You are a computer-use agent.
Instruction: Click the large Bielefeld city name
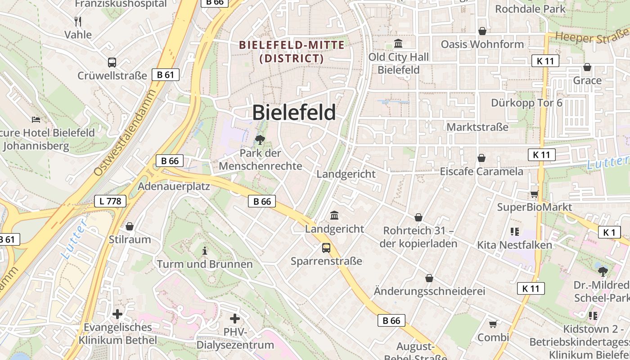click(294, 112)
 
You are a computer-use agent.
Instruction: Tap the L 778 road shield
click(110, 201)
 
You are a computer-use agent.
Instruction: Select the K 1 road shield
click(609, 232)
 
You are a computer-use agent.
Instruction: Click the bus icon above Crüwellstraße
click(112, 63)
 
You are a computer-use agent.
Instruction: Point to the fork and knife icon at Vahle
click(78, 21)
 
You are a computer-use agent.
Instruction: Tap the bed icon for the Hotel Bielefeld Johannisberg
click(36, 119)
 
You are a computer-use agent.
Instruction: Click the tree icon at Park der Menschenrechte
click(260, 140)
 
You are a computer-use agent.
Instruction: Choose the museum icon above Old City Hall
click(398, 44)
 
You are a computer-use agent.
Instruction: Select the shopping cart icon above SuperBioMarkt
click(534, 194)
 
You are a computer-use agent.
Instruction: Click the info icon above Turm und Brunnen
click(205, 251)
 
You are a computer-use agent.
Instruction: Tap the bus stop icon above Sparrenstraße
click(326, 247)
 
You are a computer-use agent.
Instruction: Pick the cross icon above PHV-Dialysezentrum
click(235, 319)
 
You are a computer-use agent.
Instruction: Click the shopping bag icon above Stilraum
click(130, 226)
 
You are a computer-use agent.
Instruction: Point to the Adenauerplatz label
click(174, 186)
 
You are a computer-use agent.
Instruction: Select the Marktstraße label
click(477, 127)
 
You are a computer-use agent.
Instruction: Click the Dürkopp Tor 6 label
click(526, 103)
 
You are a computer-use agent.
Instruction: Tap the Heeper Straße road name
click(591, 36)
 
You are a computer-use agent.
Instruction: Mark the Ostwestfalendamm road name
click(125, 133)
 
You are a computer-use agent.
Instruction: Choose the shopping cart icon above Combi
click(493, 324)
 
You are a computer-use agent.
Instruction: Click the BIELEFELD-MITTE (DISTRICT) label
click(292, 52)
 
